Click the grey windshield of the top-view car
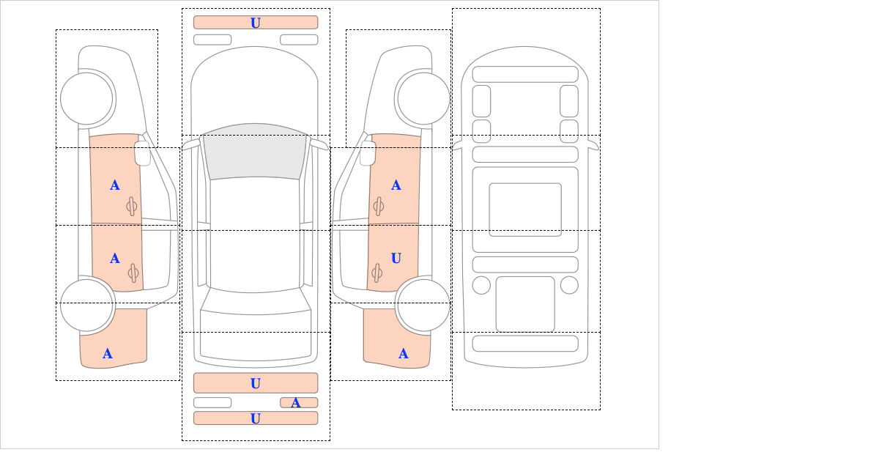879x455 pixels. tap(255, 152)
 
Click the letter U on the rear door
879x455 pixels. tap(396, 259)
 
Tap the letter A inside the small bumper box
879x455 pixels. tap(296, 403)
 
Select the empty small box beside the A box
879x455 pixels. tap(212, 403)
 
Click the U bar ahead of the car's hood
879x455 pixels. tap(256, 23)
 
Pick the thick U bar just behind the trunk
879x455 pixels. tap(256, 382)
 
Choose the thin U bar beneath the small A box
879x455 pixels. tap(256, 418)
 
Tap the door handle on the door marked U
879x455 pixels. tap(377, 273)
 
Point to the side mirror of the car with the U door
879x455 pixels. tap(368, 153)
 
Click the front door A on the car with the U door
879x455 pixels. tap(396, 185)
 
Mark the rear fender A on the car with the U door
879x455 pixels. tap(404, 354)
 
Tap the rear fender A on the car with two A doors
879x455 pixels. tap(108, 354)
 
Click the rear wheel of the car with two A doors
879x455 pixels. tap(86, 305)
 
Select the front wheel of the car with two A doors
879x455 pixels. tap(86, 98)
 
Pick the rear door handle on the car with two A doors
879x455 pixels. tap(133, 273)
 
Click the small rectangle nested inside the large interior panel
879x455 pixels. tap(525, 210)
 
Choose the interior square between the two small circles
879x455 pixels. tap(525, 304)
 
